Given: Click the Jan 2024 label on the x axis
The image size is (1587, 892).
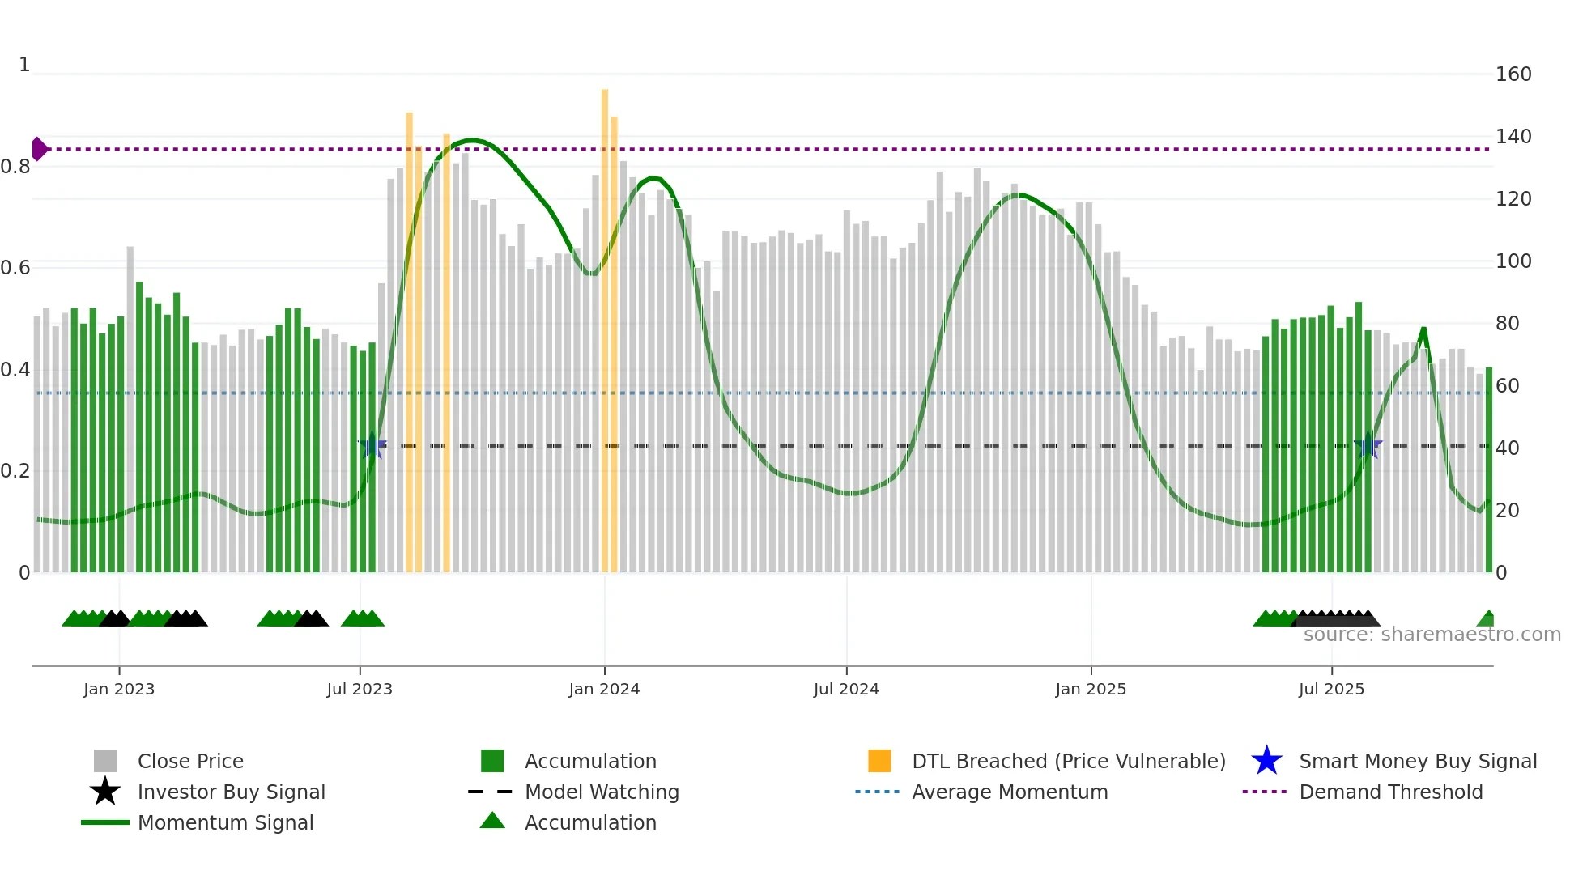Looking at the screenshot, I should [604, 689].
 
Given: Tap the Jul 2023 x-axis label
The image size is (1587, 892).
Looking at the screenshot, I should [360, 689].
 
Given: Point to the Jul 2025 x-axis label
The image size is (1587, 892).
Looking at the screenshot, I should [1331, 689].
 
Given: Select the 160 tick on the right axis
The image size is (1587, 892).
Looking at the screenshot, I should [1513, 74].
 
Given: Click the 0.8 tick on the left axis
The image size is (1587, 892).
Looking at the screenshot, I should [15, 167].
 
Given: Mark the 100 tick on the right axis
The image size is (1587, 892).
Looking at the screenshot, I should [1513, 261].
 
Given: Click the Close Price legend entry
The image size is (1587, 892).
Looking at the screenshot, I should [189, 761].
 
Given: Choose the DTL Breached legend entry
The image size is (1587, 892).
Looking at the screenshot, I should [1068, 761].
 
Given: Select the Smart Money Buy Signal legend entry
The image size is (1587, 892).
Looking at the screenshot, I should [1417, 761].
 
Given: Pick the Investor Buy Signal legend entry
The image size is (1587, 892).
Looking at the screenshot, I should [231, 792].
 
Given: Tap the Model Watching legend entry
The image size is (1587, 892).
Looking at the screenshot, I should [601, 792].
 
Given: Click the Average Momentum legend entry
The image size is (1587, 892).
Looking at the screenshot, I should [1009, 792].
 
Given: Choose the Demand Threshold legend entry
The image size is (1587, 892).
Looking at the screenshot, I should [1390, 792].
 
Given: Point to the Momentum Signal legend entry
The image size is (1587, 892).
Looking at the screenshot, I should [225, 822].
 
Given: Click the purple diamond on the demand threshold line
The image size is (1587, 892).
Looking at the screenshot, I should [39, 149].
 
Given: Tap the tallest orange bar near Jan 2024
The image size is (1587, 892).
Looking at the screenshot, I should [605, 324].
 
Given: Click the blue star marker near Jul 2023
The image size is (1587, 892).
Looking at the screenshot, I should [372, 445].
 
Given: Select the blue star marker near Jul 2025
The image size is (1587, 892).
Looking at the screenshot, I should [1368, 445].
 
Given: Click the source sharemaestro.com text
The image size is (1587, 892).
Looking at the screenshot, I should [1432, 635].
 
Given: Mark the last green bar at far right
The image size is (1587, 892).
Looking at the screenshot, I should [1489, 469].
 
